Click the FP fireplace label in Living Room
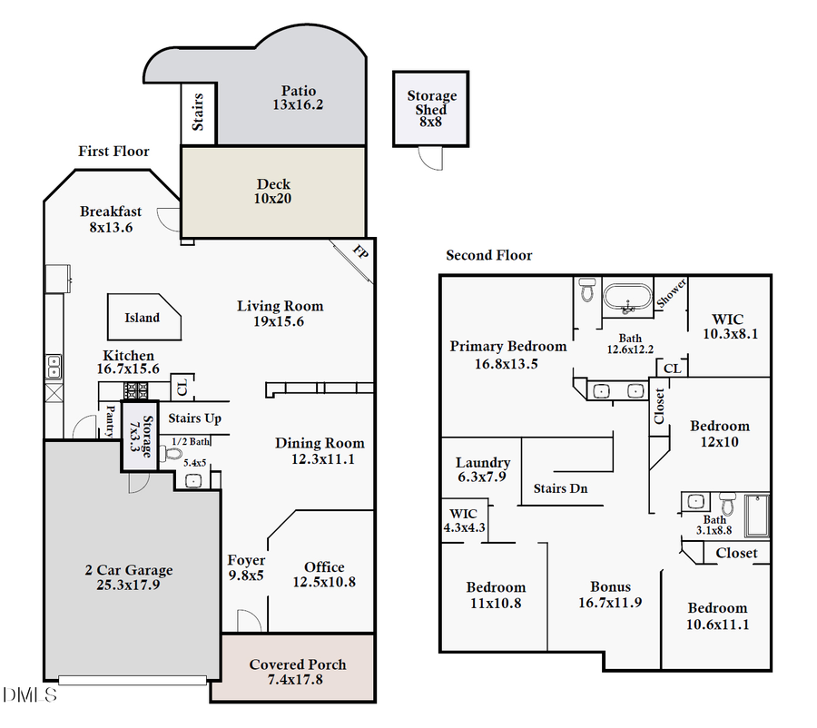pos(359,251)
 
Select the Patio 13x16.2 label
pos(298,97)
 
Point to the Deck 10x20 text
pos(273,192)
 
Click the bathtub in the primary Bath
pos(628,298)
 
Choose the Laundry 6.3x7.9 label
pos(482,469)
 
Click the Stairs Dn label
pos(560,488)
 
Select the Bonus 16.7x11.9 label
pos(610,594)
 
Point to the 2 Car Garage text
pos(128,577)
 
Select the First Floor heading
pos(113,152)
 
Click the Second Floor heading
pos(488,256)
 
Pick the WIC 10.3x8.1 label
pos(728,326)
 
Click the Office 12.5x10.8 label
pos(324,574)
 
